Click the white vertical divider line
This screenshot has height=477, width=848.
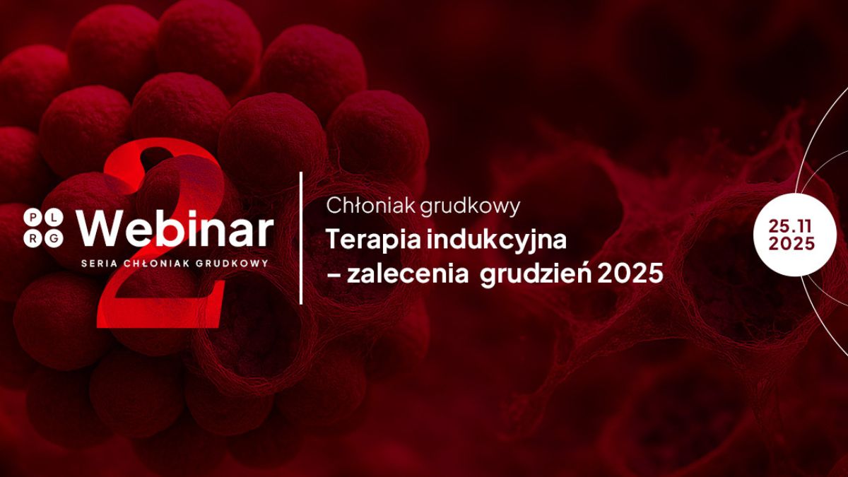pos(302,237)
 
